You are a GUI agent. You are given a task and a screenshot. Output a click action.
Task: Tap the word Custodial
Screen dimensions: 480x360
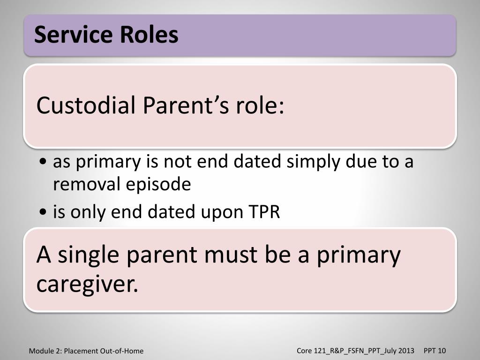pos(86,105)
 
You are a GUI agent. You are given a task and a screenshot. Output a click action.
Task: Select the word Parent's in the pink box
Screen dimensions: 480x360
pos(186,105)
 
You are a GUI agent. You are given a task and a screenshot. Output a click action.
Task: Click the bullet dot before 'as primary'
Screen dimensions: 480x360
pos(43,161)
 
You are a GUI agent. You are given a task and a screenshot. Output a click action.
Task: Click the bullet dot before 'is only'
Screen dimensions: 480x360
pos(43,211)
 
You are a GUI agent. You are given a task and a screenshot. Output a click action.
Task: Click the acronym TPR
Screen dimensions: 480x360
pos(264,211)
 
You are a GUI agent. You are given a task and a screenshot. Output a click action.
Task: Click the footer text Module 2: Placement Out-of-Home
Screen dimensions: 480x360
pos(86,351)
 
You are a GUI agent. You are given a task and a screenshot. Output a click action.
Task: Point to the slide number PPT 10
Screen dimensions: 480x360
pos(435,351)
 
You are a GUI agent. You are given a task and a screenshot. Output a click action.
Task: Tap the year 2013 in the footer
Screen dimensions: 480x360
pos(406,351)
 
